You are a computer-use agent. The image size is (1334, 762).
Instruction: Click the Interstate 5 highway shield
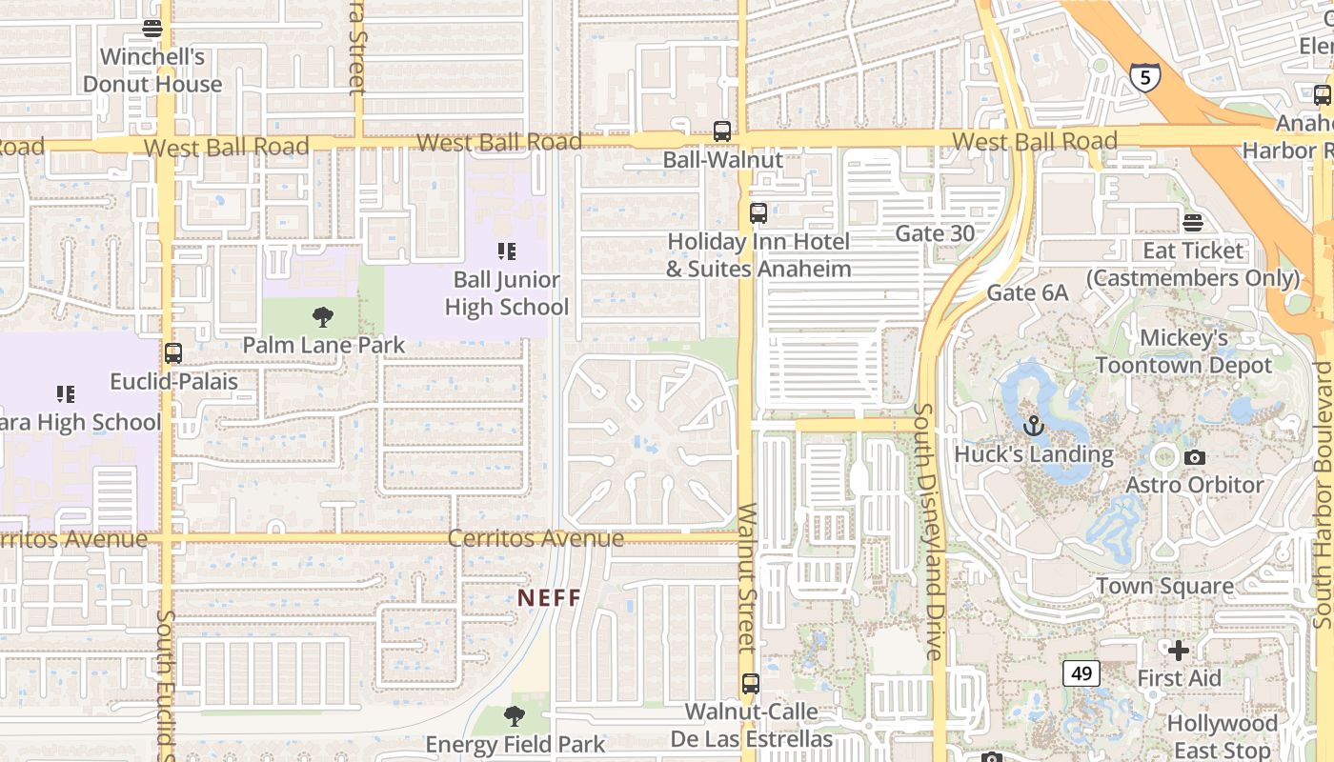point(1145,77)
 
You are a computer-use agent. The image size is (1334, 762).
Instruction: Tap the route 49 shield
point(1081,673)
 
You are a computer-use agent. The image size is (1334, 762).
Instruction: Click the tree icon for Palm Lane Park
point(323,316)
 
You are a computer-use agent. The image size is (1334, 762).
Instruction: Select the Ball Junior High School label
point(507,293)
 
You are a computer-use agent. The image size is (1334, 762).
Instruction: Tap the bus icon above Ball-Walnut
point(722,131)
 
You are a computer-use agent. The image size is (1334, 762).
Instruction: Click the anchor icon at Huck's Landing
point(1034,426)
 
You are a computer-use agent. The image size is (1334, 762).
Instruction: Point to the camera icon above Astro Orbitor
point(1194,458)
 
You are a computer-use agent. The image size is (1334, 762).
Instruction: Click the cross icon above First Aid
point(1179,651)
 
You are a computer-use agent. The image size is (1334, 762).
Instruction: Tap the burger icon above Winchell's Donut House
point(152,29)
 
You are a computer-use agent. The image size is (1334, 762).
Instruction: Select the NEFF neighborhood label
point(549,598)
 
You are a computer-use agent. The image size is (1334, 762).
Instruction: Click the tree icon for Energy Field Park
point(515,716)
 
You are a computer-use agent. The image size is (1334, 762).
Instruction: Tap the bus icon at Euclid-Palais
point(173,353)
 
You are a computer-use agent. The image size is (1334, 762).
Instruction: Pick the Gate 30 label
point(935,233)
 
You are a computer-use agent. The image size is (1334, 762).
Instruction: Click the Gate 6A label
point(1027,292)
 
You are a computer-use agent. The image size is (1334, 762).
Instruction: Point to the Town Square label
point(1164,586)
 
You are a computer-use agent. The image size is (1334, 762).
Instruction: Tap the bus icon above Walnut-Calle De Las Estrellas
point(751,683)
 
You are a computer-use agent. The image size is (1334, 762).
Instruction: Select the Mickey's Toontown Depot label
point(1183,351)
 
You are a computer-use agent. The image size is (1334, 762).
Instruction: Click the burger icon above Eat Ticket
point(1193,223)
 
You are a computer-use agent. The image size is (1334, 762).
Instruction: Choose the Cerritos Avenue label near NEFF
point(536,538)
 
